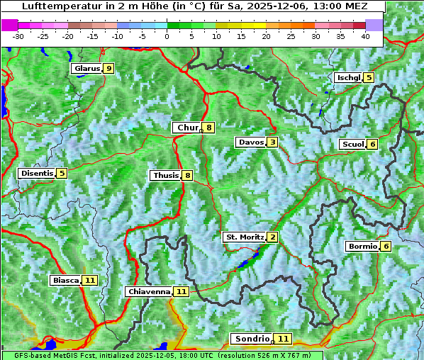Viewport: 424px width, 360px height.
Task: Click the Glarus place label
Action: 86,69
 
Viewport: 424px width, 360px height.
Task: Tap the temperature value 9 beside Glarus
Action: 108,69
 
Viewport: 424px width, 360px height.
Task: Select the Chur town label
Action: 187,128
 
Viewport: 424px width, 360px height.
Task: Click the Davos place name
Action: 251,142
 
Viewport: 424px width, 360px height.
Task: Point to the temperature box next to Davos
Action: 272,142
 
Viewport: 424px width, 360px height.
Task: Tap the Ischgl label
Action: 349,77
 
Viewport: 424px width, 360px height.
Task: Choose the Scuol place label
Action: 352,144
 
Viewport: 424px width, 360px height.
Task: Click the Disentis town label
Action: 37,173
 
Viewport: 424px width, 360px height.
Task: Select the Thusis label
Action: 165,175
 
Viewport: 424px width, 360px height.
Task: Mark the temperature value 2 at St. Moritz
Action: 272,237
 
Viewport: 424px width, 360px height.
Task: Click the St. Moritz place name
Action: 244,237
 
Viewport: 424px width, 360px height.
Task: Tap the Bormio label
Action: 362,247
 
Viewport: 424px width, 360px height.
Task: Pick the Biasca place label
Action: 65,281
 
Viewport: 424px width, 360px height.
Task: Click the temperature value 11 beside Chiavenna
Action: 181,291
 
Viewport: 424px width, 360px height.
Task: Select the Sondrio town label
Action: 252,339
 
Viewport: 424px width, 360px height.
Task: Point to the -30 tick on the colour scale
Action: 18,35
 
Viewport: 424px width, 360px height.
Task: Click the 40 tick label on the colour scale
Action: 365,35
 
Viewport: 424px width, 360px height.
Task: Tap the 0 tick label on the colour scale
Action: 167,35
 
